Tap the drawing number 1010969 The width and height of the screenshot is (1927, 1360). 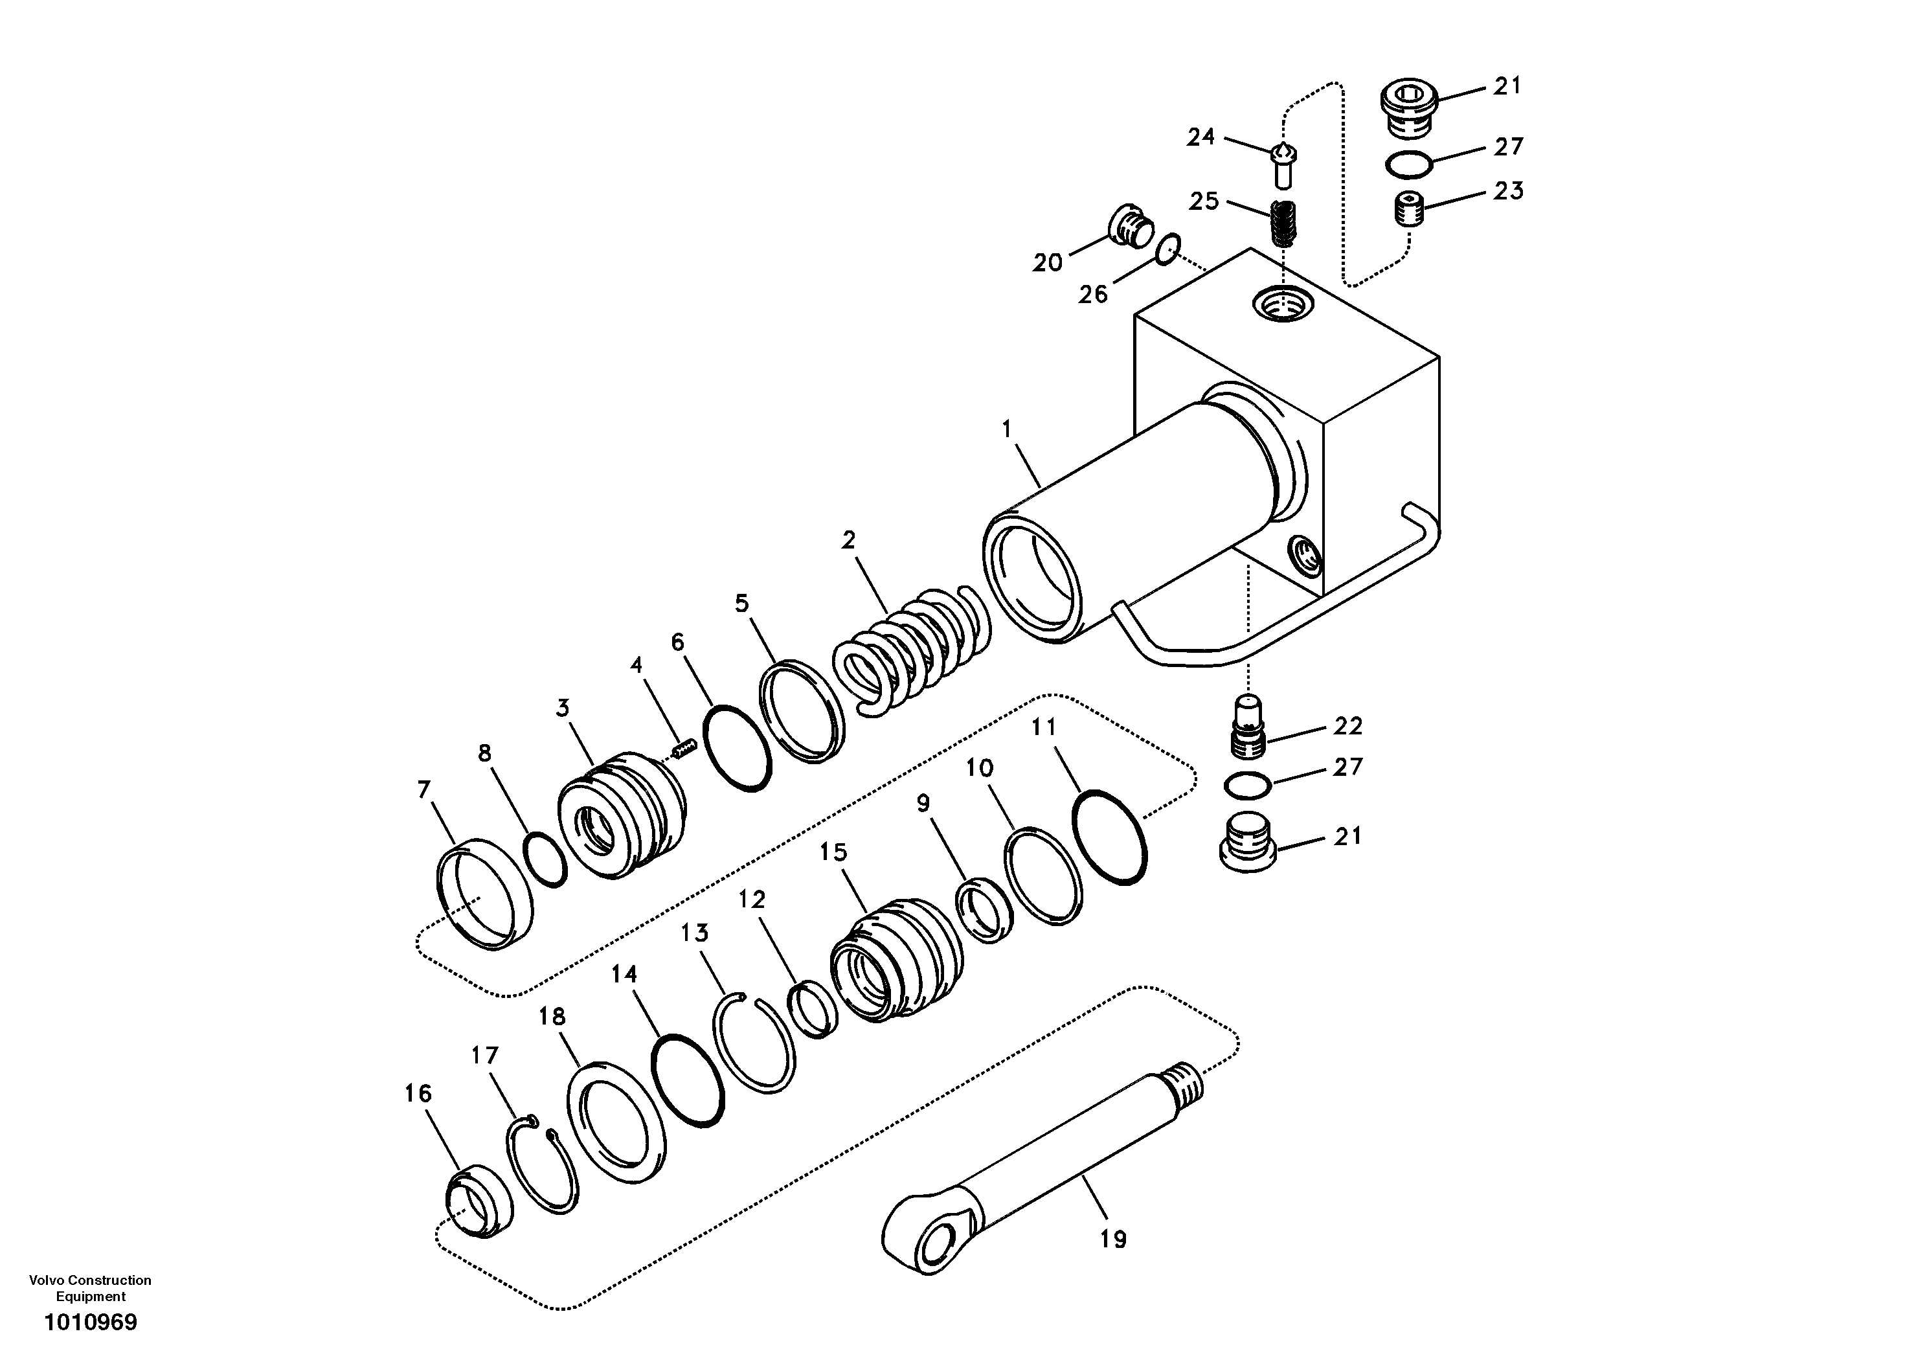(x=90, y=1323)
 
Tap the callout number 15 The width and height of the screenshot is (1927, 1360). (x=833, y=853)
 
